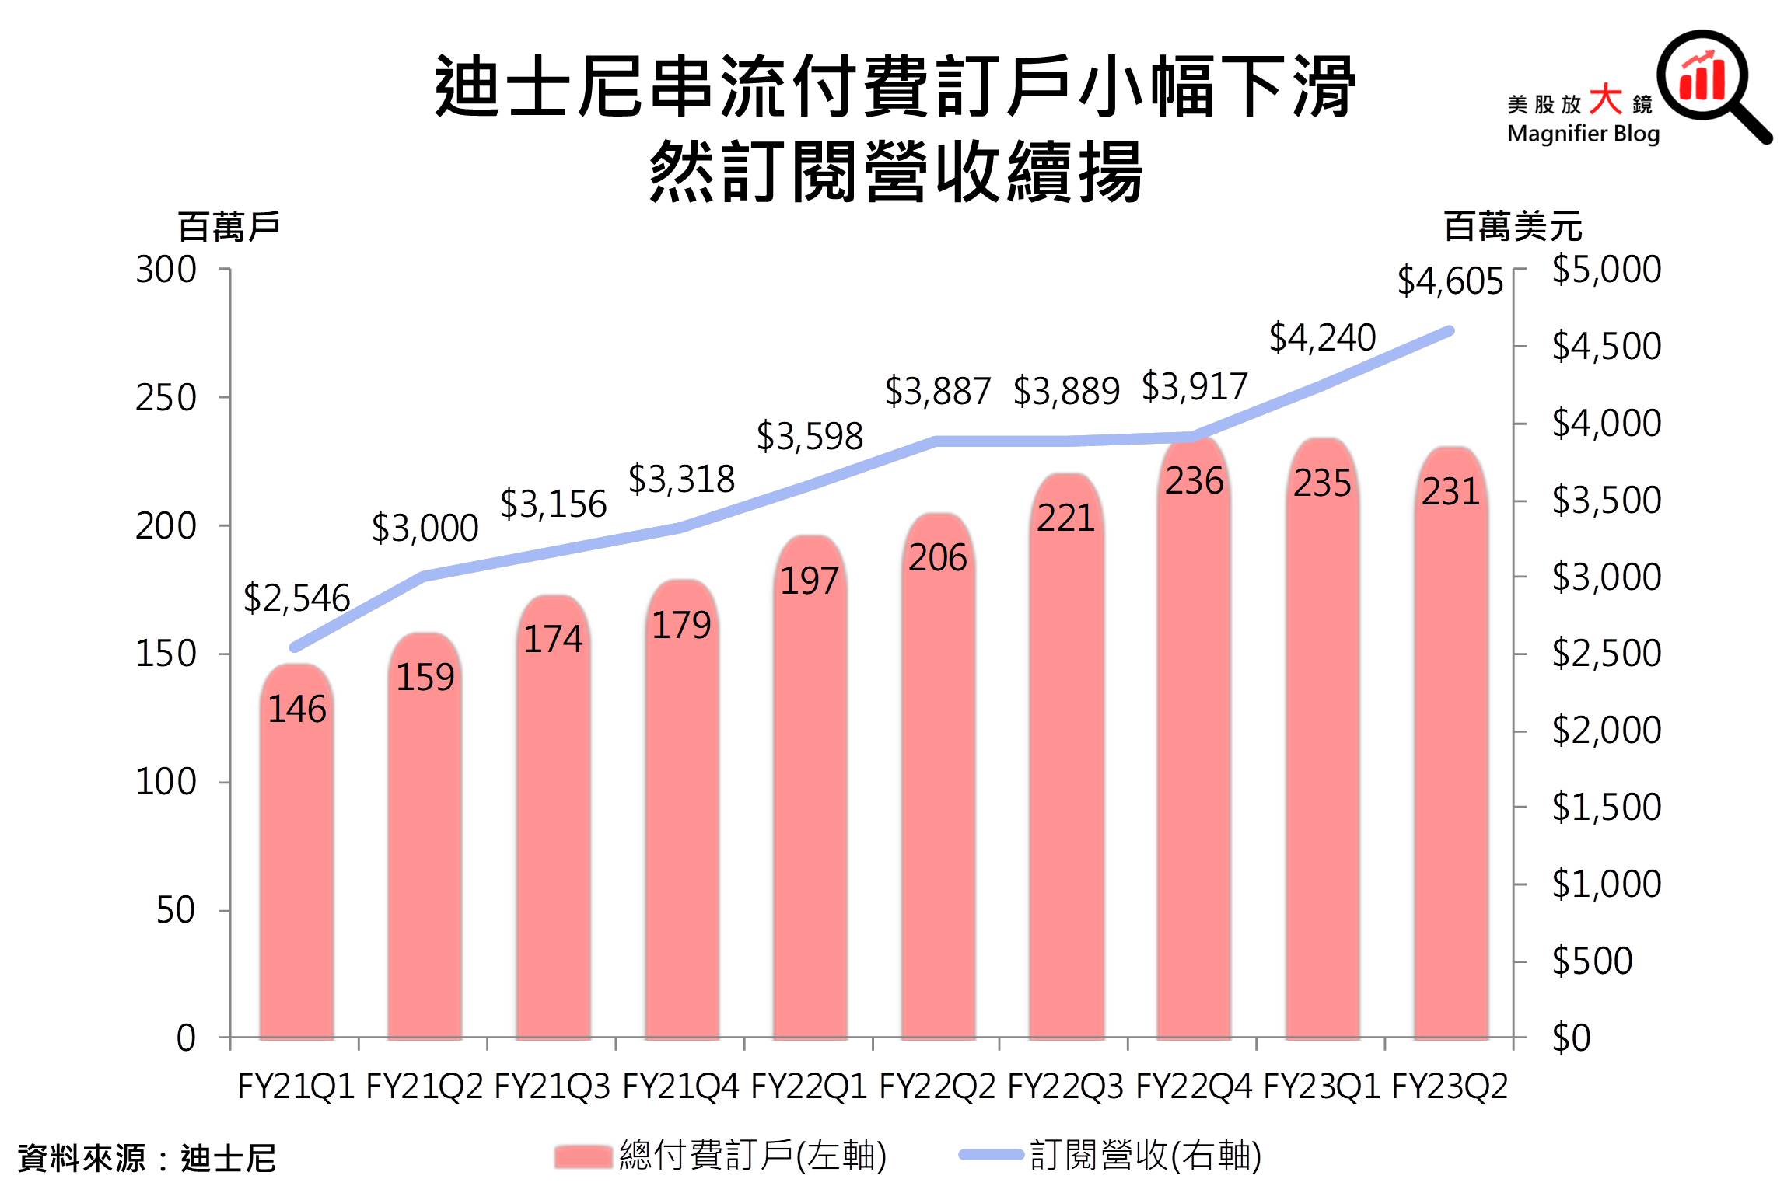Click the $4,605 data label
[1450, 281]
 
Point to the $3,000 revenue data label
[425, 528]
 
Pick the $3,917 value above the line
[1194, 387]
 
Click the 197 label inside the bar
[810, 581]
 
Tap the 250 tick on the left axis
[166, 398]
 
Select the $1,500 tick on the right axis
[1606, 807]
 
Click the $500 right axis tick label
[1592, 961]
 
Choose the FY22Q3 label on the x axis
[1065, 1087]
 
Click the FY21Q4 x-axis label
[680, 1087]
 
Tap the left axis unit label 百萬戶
[229, 227]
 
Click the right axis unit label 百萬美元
[1513, 227]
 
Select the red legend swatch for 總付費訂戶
[583, 1156]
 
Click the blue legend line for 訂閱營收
[991, 1155]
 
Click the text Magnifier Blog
[1583, 134]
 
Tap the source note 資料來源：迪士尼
[147, 1158]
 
